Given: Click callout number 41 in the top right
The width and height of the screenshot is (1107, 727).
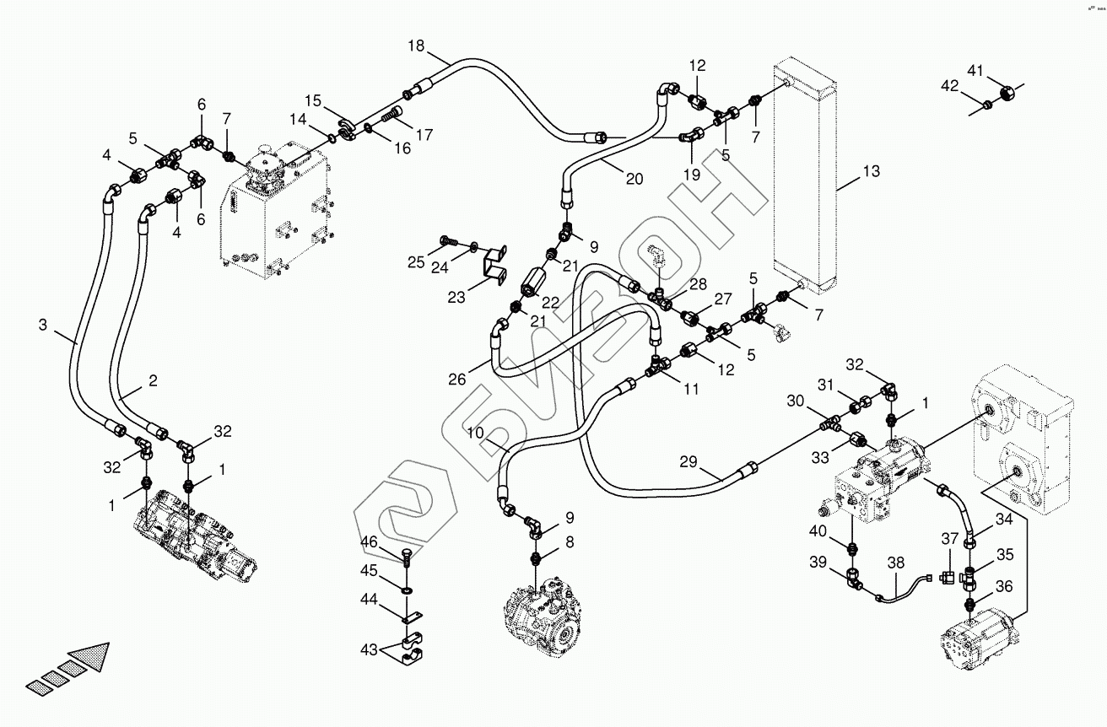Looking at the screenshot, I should (975, 71).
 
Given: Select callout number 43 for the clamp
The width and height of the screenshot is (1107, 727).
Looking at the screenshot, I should (369, 649).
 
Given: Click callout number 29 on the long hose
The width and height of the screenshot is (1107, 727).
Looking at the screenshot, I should (688, 461).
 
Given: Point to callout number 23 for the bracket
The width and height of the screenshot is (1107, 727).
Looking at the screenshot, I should (456, 297).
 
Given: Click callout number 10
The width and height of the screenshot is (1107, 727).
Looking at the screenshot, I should (475, 433).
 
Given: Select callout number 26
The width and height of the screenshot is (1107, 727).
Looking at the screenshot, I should (456, 380).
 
